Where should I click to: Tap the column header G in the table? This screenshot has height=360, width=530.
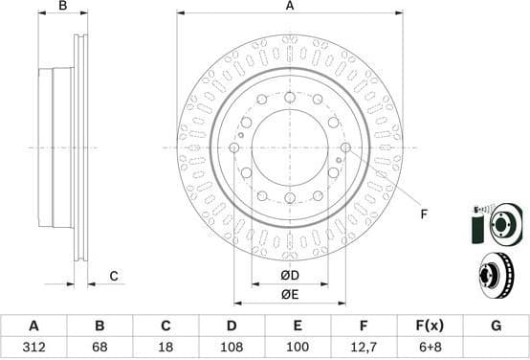(x=496, y=326)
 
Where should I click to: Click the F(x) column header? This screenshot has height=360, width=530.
(x=430, y=326)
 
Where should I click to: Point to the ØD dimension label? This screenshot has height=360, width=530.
(x=290, y=277)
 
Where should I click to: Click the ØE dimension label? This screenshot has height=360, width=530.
(x=290, y=294)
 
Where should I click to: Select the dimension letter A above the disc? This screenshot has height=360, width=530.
(x=289, y=7)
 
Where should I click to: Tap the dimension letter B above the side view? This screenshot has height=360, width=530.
(x=62, y=7)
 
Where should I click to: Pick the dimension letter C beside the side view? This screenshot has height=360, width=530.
(x=113, y=277)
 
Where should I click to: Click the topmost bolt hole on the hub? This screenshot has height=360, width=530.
(x=290, y=98)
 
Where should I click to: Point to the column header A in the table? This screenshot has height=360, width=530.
(x=35, y=326)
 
